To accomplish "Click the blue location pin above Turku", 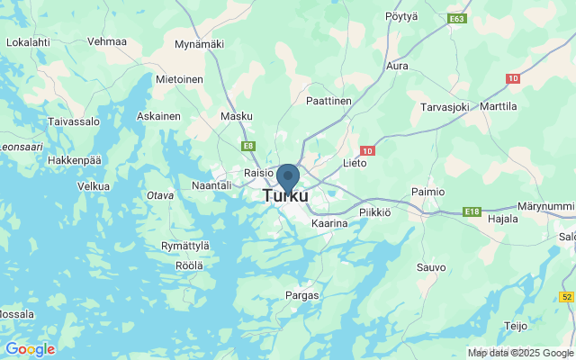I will point(287,177).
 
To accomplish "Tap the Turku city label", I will point(285,195).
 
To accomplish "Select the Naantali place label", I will point(213,184).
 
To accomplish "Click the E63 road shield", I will point(456,17).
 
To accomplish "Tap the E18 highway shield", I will point(472,211).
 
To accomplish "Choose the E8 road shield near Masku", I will point(247,145).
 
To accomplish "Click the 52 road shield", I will point(566,296).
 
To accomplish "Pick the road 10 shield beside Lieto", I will point(367,151).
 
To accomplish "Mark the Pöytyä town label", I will point(401,16).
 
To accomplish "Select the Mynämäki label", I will point(198,43).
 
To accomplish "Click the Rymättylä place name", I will point(184,246).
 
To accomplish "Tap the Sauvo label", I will point(430,267).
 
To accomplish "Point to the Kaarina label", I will point(328,222).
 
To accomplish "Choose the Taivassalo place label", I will point(73,120).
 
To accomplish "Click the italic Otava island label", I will point(160,195).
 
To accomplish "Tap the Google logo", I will point(30,349).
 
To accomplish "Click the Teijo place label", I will point(516,326).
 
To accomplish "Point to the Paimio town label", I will point(427,192).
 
